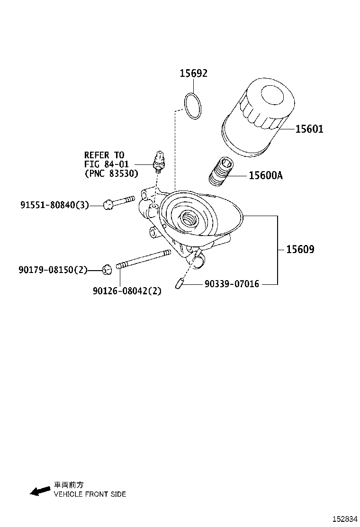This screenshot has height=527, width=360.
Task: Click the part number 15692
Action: (193, 73)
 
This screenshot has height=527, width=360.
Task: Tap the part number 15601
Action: (309, 129)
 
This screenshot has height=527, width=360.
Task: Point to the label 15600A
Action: (265, 176)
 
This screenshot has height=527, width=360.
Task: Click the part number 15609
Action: (300, 249)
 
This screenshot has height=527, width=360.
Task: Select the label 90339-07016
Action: (232, 284)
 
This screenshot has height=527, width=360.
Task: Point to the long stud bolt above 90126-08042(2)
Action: (142, 260)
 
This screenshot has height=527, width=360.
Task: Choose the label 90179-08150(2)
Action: (54, 270)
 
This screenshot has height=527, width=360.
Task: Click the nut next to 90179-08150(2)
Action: (107, 270)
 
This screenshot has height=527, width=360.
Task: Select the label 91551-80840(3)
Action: (54, 205)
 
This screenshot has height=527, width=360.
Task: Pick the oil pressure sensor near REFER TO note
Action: (159, 161)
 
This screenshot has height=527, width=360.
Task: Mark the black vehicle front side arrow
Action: (40, 491)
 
